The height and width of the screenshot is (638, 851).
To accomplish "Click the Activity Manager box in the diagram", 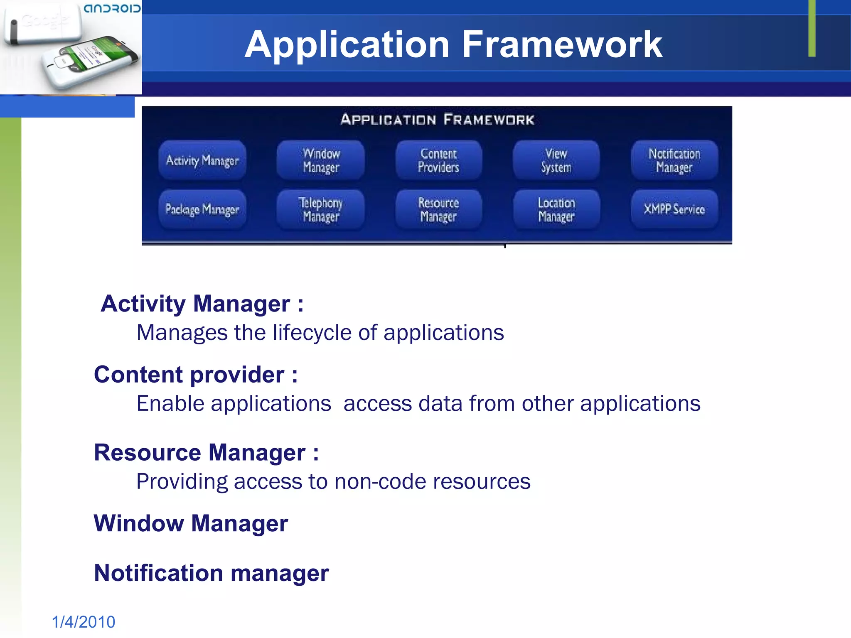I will click(x=202, y=160).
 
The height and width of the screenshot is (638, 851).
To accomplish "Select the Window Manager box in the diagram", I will click(x=321, y=160).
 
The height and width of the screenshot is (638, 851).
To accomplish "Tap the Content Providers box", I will click(x=439, y=160).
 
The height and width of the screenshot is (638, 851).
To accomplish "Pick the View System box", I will click(x=556, y=160).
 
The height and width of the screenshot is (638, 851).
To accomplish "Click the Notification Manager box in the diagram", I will click(x=674, y=160).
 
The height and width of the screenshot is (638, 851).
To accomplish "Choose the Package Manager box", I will click(x=202, y=209).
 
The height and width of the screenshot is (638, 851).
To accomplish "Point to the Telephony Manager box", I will click(x=321, y=209).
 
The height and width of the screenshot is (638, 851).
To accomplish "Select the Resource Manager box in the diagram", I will click(x=439, y=209).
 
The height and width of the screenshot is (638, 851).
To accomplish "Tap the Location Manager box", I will click(x=556, y=209).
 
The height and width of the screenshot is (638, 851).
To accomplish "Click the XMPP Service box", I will click(x=674, y=209).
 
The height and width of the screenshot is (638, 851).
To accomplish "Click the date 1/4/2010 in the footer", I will click(x=84, y=622).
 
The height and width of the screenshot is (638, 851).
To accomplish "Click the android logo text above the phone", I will click(x=112, y=8).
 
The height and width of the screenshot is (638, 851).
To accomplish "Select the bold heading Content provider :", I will click(x=196, y=375).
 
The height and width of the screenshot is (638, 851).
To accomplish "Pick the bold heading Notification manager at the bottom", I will click(x=211, y=573).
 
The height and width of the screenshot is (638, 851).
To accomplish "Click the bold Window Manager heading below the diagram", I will click(x=191, y=523).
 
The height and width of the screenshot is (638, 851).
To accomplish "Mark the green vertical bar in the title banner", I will click(x=812, y=28).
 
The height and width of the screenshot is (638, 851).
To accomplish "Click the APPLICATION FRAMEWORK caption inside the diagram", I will click(x=437, y=120).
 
